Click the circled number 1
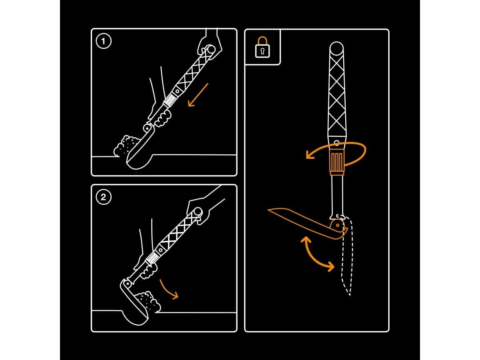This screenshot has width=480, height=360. pyautogui.click(x=104, y=41)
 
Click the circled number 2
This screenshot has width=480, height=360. pyautogui.click(x=104, y=197)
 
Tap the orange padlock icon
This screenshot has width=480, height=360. pyautogui.click(x=262, y=48)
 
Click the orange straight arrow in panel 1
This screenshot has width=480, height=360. pyautogui.click(x=198, y=95)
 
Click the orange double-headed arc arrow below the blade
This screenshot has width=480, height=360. pyautogui.click(x=318, y=254)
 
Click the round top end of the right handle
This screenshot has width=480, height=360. pyautogui.click(x=336, y=50)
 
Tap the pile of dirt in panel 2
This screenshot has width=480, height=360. pyautogui.click(x=148, y=301)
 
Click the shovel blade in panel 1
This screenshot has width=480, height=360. pyautogui.click(x=138, y=156)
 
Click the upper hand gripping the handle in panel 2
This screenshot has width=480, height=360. pyautogui.click(x=199, y=208)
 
